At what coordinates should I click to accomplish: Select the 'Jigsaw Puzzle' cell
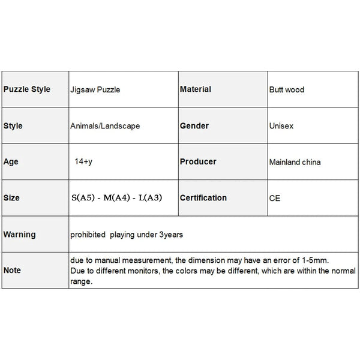click(94, 90)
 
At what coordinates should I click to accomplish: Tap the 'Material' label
click(196, 89)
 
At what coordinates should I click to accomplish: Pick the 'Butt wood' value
click(287, 90)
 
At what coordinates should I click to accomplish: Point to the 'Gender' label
click(194, 126)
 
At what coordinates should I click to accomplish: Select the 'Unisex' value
click(281, 127)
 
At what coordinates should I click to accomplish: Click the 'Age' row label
click(11, 162)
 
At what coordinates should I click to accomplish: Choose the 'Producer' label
click(198, 161)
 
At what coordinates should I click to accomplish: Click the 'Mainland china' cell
click(295, 162)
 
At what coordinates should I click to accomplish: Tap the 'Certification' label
click(203, 197)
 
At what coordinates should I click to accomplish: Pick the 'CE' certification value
click(275, 198)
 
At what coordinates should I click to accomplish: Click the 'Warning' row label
click(20, 235)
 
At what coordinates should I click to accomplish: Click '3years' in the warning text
click(170, 235)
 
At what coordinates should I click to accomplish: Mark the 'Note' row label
click(13, 271)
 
